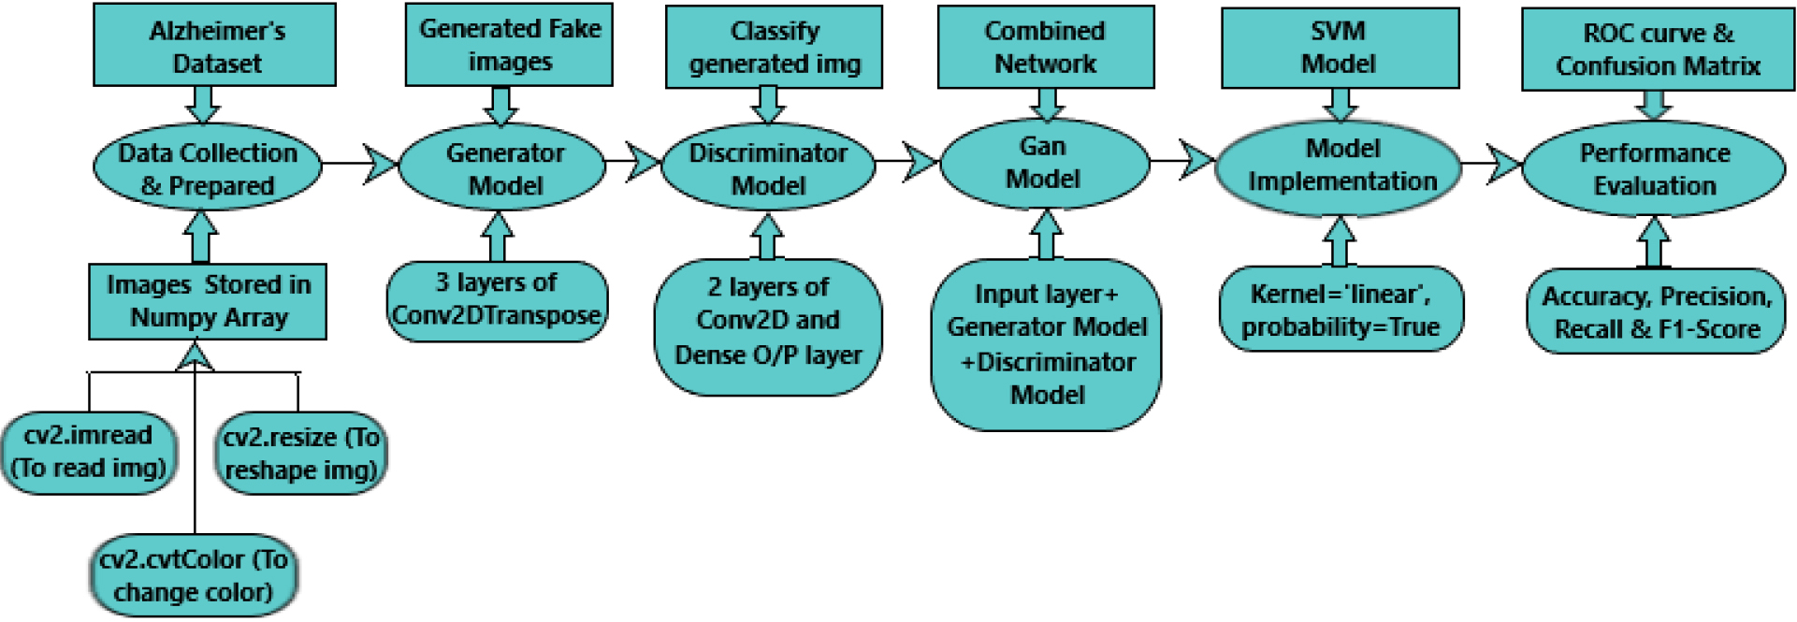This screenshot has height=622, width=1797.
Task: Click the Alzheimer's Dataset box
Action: [214, 45]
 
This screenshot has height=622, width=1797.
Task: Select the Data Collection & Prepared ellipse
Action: [208, 168]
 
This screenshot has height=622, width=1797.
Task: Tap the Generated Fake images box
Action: [509, 44]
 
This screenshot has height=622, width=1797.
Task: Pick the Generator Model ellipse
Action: [503, 168]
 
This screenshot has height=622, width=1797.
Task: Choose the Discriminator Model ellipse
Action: [768, 168]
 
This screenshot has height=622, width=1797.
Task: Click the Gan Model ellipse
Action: [1044, 164]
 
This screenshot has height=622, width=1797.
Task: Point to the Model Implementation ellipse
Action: [1339, 166]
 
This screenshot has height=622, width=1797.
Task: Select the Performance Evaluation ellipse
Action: [1654, 168]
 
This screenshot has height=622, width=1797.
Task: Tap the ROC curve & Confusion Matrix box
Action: [1658, 49]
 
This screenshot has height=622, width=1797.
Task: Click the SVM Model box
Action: [1340, 48]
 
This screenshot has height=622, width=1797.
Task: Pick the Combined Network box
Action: [1046, 47]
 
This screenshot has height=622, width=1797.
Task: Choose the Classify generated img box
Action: [774, 47]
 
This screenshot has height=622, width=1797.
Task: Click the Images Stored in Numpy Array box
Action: [208, 301]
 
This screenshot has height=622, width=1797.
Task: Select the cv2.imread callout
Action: [89, 453]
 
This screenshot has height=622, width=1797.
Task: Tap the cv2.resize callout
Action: [300, 453]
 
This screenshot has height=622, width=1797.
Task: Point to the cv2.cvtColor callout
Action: [194, 575]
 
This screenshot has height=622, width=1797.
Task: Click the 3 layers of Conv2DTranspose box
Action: [497, 300]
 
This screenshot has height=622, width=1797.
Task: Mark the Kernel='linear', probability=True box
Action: [1341, 309]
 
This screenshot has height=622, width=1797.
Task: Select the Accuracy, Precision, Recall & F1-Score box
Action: [1656, 311]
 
